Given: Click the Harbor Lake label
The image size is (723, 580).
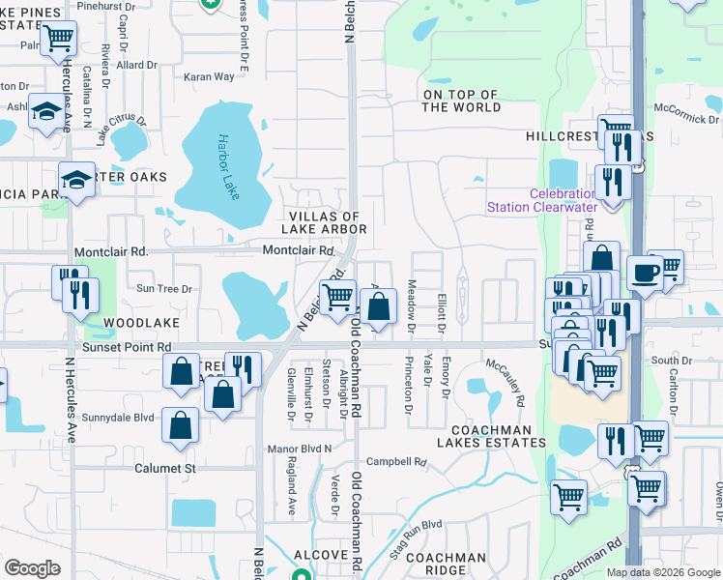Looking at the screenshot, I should tap(230, 167).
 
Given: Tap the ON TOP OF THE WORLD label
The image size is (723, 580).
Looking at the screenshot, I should tap(459, 101).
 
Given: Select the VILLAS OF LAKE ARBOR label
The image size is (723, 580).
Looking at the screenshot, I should tap(324, 222).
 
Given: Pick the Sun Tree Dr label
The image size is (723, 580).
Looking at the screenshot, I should tap(165, 288).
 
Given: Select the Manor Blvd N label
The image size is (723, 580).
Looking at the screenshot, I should tap(300, 449).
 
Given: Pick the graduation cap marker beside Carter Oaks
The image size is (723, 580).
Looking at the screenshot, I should tap(77, 179).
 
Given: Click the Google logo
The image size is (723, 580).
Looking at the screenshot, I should tap(32, 568).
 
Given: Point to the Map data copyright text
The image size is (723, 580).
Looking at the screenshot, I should tap(662, 572).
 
